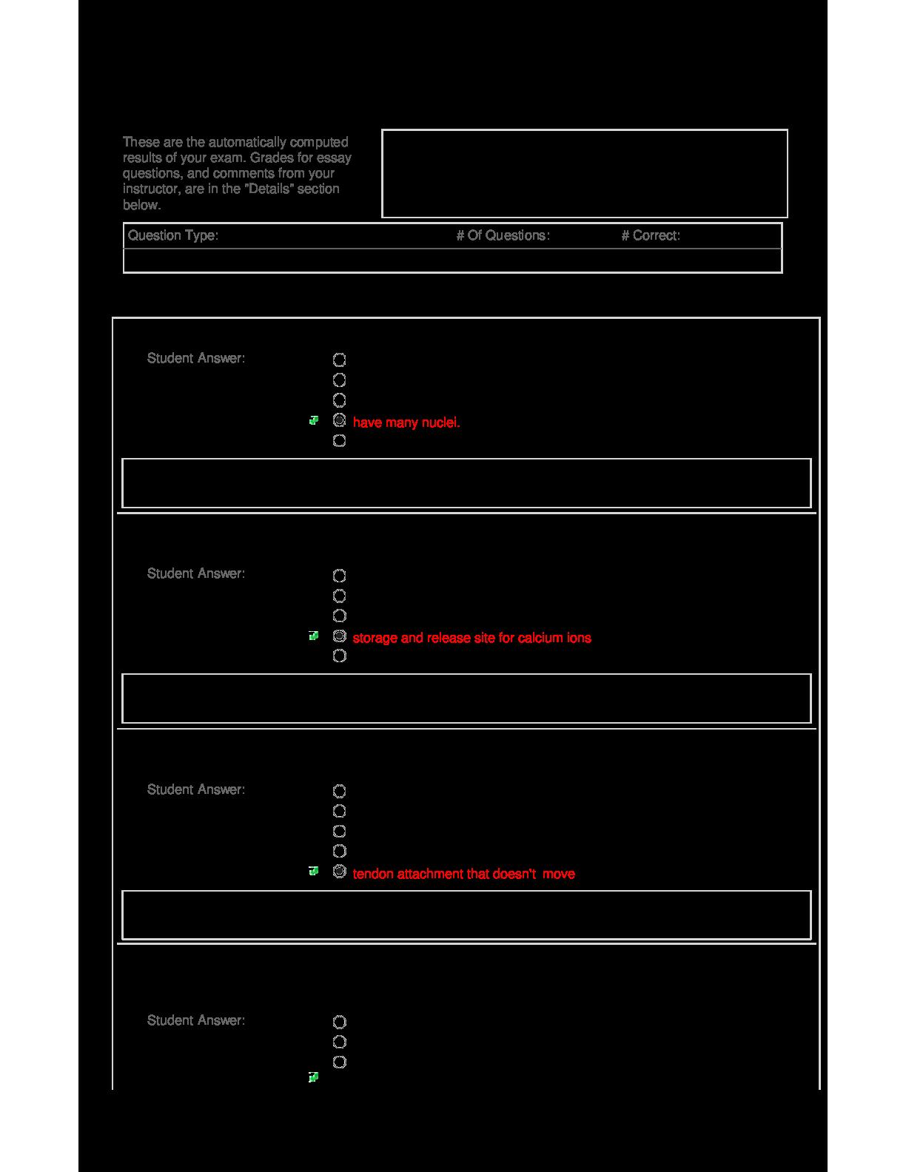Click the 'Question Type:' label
(x=172, y=235)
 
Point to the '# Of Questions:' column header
(x=503, y=235)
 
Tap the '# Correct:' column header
(x=651, y=235)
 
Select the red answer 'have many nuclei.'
(x=406, y=422)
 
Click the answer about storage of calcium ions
(x=472, y=638)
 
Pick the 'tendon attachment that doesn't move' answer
(x=463, y=874)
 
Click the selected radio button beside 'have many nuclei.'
(x=339, y=420)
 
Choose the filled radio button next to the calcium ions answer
(x=339, y=636)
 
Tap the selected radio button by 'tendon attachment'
(x=339, y=872)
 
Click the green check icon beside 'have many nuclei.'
(x=314, y=420)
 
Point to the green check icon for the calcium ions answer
(x=314, y=636)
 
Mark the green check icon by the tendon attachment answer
(x=314, y=871)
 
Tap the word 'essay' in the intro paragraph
(x=334, y=158)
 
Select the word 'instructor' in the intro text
(x=150, y=189)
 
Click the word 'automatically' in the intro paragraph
(x=247, y=142)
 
